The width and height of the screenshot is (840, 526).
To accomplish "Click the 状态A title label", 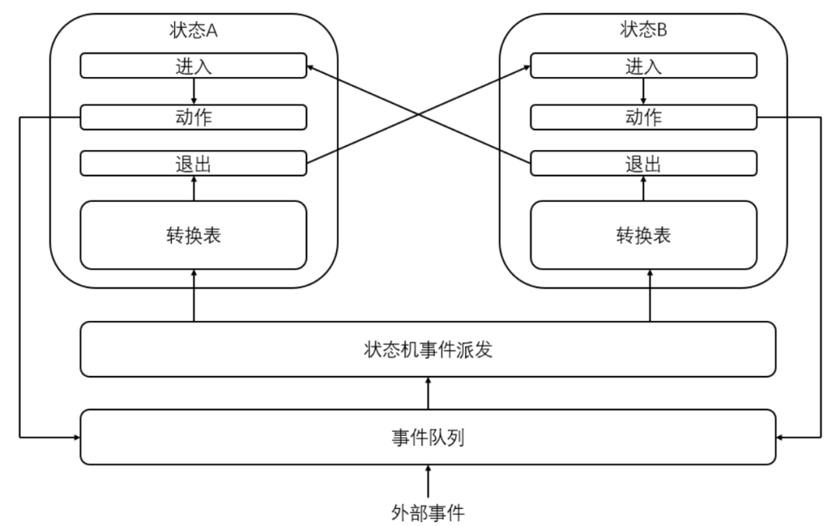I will (x=194, y=30).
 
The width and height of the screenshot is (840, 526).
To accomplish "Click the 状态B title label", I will (x=643, y=30).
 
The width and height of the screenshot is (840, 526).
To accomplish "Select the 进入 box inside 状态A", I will (x=194, y=66).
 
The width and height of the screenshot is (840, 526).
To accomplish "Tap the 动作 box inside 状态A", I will (x=194, y=117).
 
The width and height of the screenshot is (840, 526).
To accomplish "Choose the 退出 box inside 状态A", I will (x=194, y=164).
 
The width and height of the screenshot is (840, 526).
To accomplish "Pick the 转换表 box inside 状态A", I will (x=194, y=235).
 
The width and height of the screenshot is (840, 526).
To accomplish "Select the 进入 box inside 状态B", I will (x=643, y=66).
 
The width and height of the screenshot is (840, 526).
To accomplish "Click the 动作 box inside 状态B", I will (x=643, y=117).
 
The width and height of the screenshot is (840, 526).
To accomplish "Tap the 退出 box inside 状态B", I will (x=643, y=164).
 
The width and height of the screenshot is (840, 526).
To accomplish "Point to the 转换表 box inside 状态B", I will (x=643, y=235).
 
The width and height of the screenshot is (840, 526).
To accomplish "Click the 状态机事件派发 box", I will (x=428, y=350).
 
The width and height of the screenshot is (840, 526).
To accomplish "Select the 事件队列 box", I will (x=428, y=437).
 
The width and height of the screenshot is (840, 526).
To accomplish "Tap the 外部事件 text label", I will (x=428, y=513).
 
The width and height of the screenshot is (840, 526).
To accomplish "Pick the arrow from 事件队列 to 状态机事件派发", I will (x=428, y=393).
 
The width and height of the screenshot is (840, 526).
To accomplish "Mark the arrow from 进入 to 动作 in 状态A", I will (x=194, y=92).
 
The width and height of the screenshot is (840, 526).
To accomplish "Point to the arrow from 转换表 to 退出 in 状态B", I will (x=643, y=188).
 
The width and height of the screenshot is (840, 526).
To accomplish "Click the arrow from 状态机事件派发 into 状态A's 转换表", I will (x=194, y=295).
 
